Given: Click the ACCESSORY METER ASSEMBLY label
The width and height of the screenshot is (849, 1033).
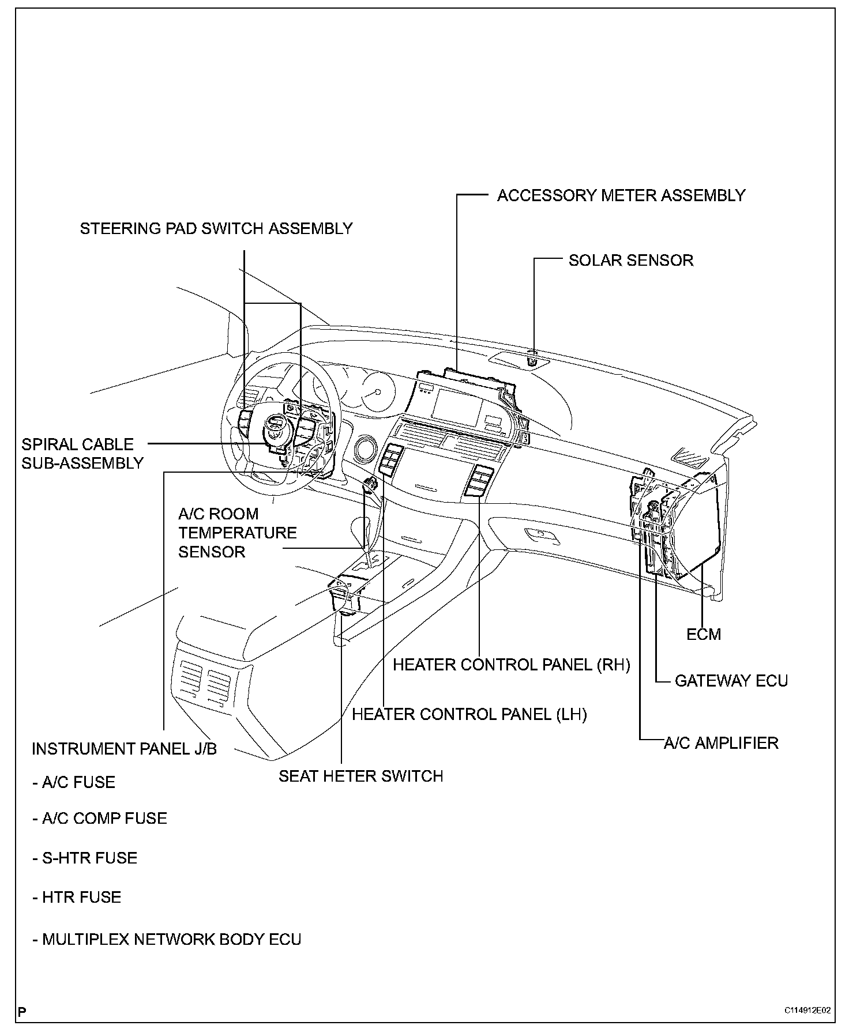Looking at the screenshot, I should pos(621,195).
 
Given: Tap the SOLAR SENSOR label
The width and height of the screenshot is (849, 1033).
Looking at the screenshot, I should pos(630,261).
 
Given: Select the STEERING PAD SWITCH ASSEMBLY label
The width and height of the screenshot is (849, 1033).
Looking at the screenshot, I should pos(216,229).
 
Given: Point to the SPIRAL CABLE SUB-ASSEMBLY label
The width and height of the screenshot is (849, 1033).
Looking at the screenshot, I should pos(82,454).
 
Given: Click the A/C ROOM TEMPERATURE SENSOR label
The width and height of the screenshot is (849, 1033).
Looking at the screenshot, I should pos(237,533).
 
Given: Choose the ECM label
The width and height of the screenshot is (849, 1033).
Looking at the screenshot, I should pos(703,635).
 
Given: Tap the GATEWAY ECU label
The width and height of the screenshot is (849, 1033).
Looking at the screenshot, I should pos(731,681).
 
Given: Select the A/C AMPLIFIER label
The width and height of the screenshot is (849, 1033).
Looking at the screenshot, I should pos(720,743).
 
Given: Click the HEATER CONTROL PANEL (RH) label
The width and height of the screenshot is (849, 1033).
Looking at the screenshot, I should pos(511,665).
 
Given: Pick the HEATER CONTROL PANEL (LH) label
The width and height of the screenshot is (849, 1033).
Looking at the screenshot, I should pos(469,715).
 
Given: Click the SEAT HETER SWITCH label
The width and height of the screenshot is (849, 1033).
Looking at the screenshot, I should pos(360,776).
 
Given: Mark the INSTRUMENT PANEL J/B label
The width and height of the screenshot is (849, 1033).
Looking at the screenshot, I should pos(124,749).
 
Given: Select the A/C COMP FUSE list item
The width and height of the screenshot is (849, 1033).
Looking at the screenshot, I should pos(100,819).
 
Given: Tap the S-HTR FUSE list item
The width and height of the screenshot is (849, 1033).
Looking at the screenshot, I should pos(85,858).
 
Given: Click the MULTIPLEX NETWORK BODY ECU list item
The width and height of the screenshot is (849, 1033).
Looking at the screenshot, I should pos(167,940).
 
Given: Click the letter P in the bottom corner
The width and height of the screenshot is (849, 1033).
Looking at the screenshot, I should pos(22,1012).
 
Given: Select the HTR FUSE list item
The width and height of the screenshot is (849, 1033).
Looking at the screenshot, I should pos(77,898).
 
